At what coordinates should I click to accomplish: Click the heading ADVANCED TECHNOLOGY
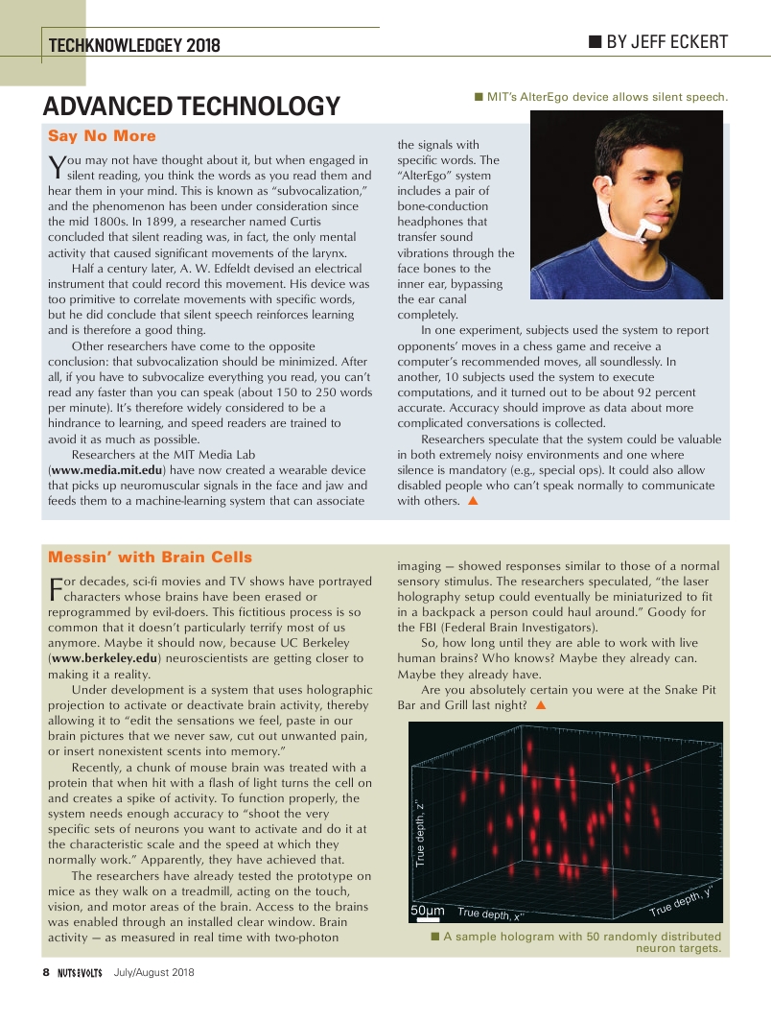(192, 106)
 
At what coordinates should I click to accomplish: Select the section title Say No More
(102, 136)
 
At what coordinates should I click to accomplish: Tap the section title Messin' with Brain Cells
(150, 558)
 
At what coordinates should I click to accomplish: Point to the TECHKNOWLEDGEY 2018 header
(134, 45)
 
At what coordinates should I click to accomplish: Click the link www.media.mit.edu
(106, 470)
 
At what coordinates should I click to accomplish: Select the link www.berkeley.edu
(104, 659)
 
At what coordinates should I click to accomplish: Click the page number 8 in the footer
(45, 972)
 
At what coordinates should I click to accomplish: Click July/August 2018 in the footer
(153, 973)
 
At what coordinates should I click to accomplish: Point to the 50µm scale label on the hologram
(427, 910)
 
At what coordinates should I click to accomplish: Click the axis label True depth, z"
(419, 835)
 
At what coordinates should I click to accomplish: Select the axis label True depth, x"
(489, 914)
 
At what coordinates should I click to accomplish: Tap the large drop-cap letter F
(55, 588)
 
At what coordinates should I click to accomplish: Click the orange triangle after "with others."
(472, 501)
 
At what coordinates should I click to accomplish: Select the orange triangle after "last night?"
(541, 705)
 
